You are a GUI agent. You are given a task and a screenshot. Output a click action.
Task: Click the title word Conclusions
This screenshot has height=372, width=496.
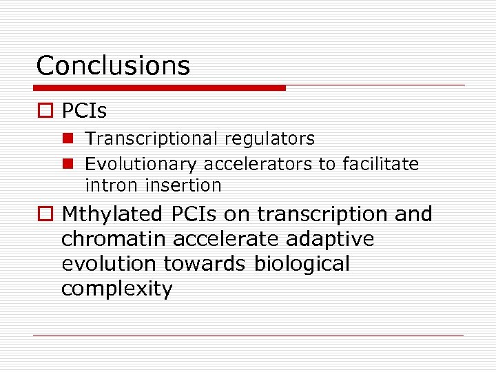113,65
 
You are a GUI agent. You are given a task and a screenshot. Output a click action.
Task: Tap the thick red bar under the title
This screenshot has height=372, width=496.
160,88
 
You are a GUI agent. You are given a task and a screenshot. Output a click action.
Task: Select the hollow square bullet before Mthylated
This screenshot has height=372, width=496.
45,215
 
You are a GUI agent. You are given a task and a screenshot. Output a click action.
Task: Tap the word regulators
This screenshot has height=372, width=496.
269,138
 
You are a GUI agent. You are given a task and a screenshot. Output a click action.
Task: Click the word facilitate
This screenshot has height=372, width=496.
380,164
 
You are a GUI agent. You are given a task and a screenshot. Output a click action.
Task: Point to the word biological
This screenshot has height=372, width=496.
302,264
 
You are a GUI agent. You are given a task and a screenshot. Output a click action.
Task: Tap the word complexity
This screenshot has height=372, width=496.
116,289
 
